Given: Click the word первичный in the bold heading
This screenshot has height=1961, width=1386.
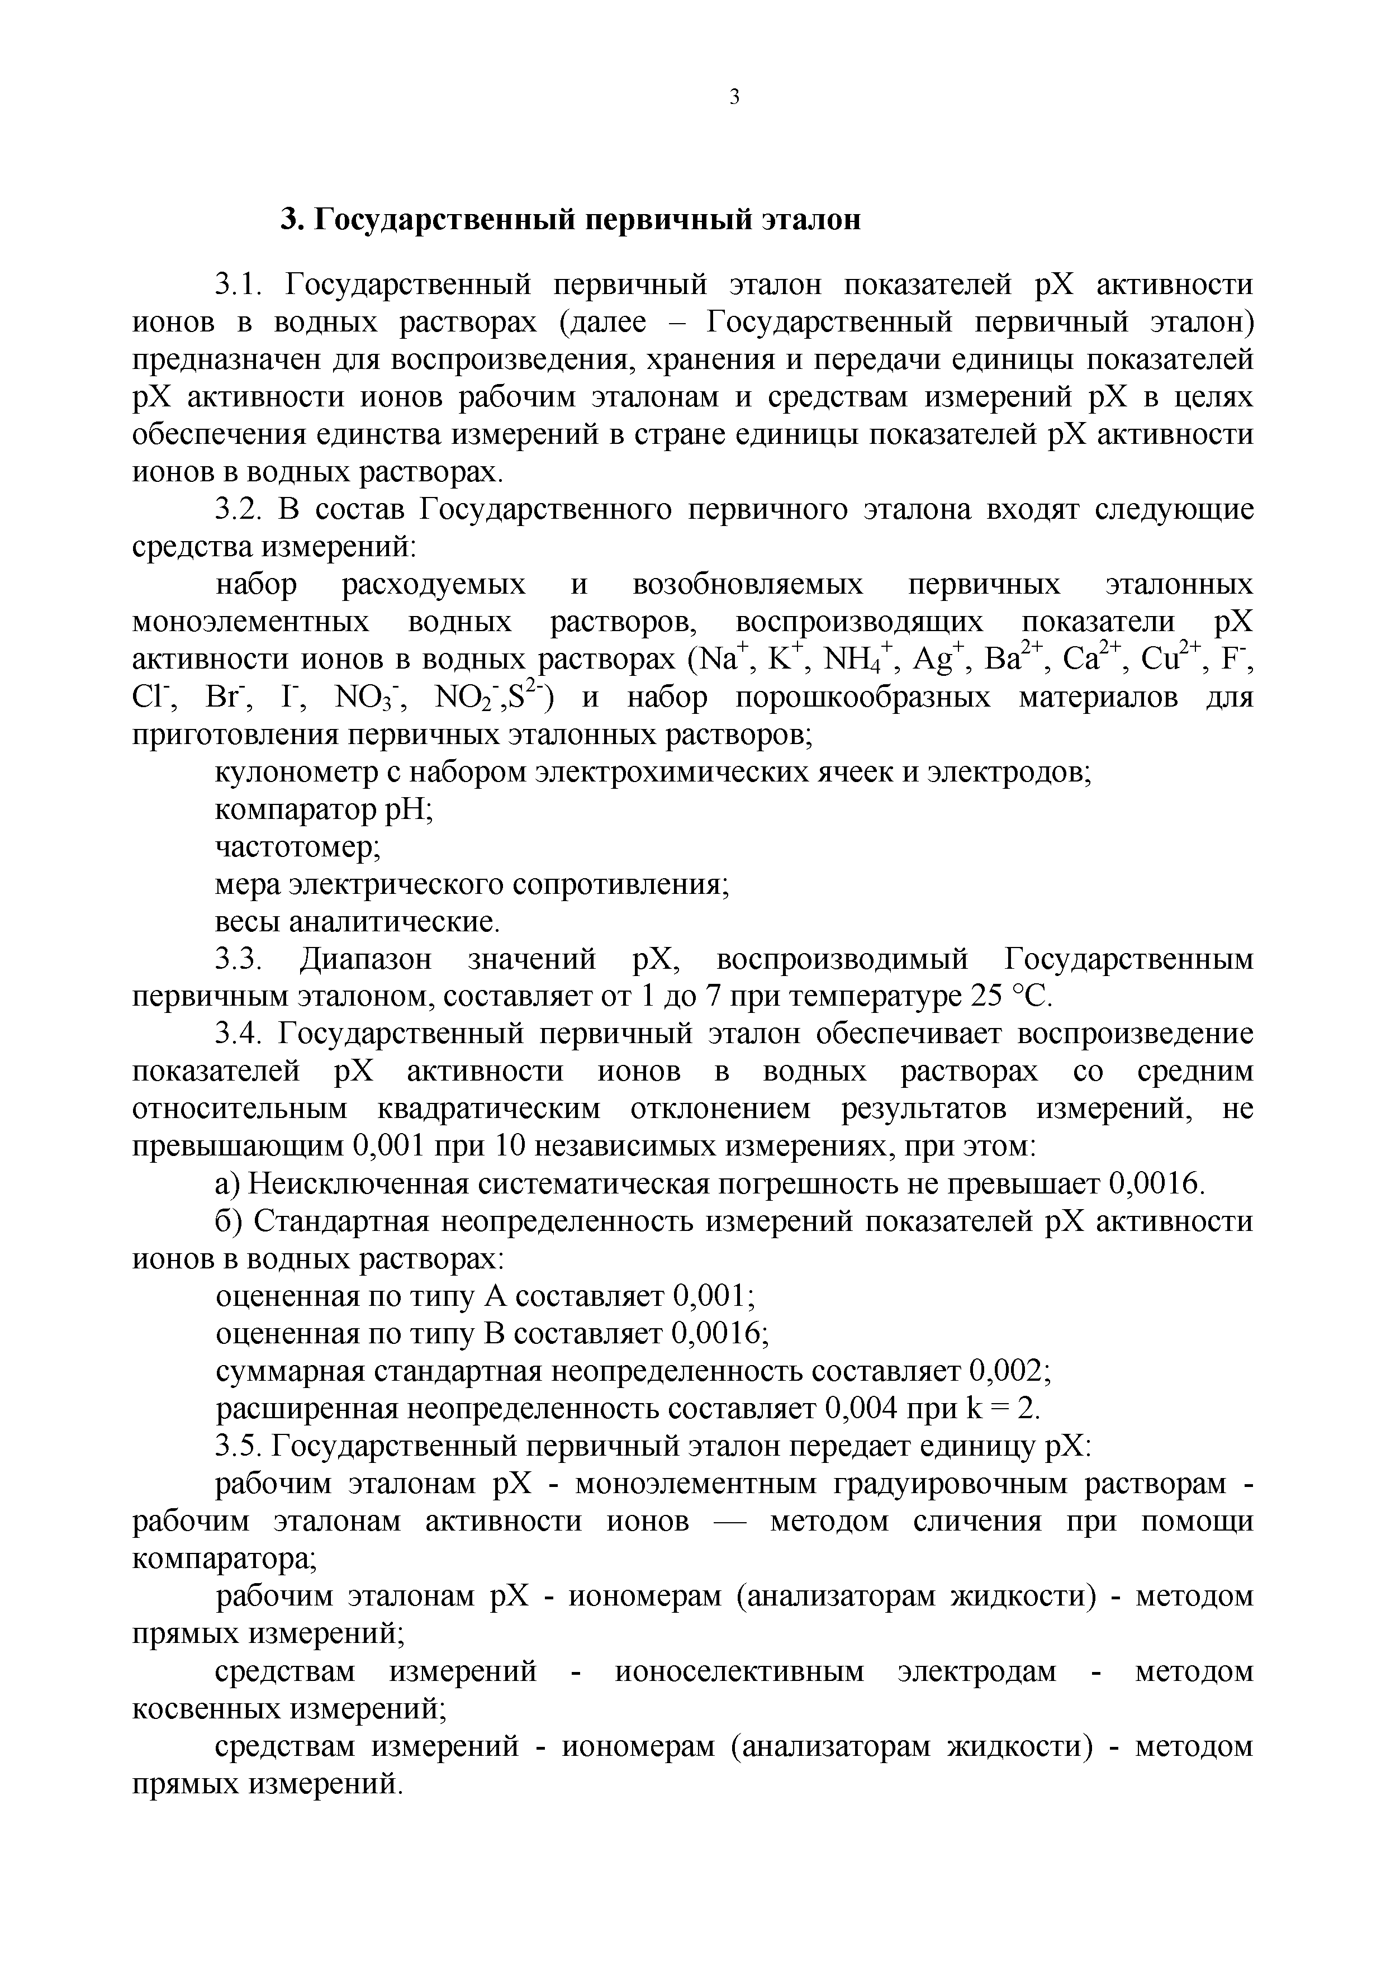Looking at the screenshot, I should (x=663, y=220).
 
